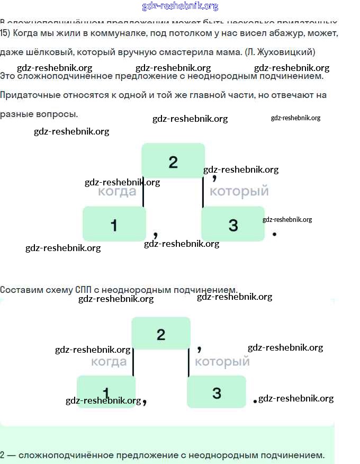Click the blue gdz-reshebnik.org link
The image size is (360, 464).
point(180,6)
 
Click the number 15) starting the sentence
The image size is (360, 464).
point(5,33)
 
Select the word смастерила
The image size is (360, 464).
point(186,52)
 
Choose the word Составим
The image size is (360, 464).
point(21,290)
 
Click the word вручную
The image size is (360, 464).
point(134,52)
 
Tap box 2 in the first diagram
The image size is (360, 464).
point(173,161)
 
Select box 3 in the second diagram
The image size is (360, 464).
point(217,392)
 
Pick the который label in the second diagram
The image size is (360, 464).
point(222,362)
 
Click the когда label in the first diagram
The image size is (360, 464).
point(117,191)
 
